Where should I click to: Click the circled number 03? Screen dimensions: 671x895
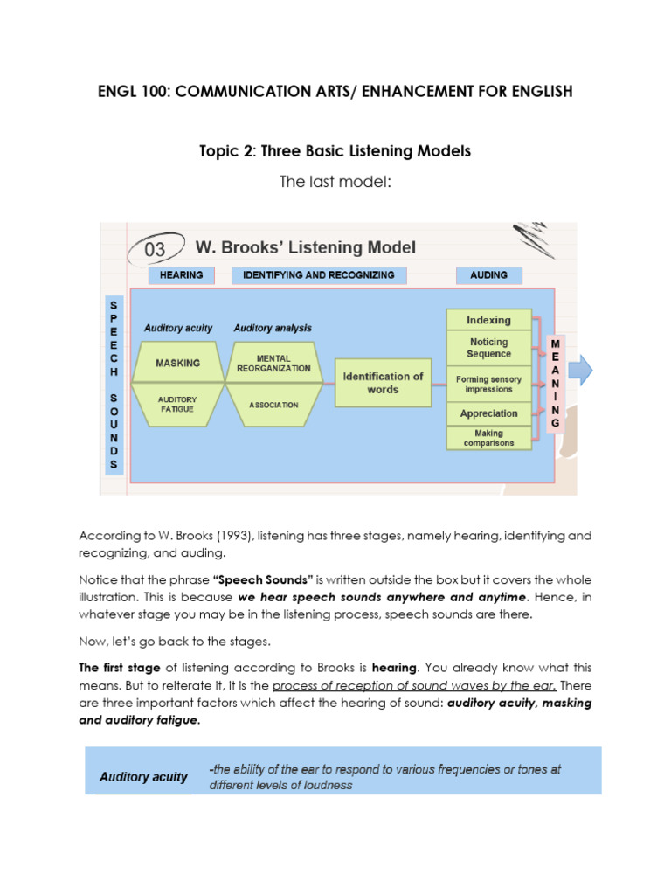pyautogui.click(x=155, y=248)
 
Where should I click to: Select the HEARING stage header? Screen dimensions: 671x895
pyautogui.click(x=182, y=275)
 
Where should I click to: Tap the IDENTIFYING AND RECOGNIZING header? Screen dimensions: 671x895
pyautogui.click(x=313, y=275)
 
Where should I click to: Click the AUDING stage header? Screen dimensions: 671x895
pyautogui.click(x=488, y=275)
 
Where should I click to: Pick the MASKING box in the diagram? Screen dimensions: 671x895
pyautogui.click(x=177, y=363)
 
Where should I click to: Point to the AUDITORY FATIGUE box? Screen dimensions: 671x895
pyautogui.click(x=177, y=404)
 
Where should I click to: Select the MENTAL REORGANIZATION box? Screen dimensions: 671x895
pyautogui.click(x=273, y=363)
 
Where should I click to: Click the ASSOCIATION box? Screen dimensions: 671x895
pyautogui.click(x=273, y=406)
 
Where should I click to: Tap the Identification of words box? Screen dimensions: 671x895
pyautogui.click(x=383, y=383)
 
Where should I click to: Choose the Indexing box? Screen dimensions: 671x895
pyautogui.click(x=488, y=320)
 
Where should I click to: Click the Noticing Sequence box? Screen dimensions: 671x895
pyautogui.click(x=488, y=348)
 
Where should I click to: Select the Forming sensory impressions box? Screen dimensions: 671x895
pyautogui.click(x=488, y=384)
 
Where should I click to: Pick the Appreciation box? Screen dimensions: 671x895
pyautogui.click(x=488, y=413)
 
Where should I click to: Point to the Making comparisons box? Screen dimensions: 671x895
pyautogui.click(x=488, y=438)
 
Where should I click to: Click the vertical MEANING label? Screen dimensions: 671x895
pyautogui.click(x=555, y=384)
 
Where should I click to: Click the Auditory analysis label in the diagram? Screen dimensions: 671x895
pyautogui.click(x=273, y=329)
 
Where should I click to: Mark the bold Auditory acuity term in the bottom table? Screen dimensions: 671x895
pyautogui.click(x=143, y=776)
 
